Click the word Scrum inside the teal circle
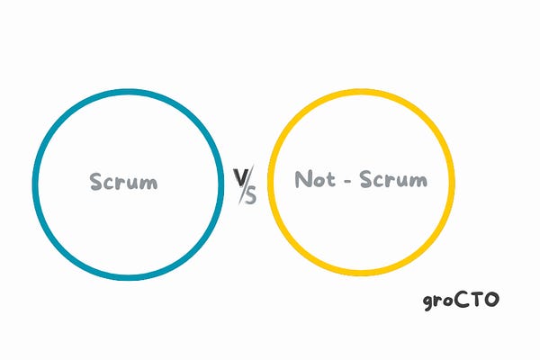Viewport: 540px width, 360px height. coord(123,182)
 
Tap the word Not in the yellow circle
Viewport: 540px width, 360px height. coord(317,179)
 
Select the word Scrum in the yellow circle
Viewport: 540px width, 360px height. coord(393,179)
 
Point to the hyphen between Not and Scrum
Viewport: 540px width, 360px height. coord(348,180)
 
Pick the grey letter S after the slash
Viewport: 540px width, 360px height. coord(250,195)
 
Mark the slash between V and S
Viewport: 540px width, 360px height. coord(245,185)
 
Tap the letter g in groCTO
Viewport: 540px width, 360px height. coord(428,302)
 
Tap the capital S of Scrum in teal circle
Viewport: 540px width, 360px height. coord(95,182)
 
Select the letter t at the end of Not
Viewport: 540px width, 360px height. coord(330,179)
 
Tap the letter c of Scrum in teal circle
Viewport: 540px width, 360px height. coord(108,184)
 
